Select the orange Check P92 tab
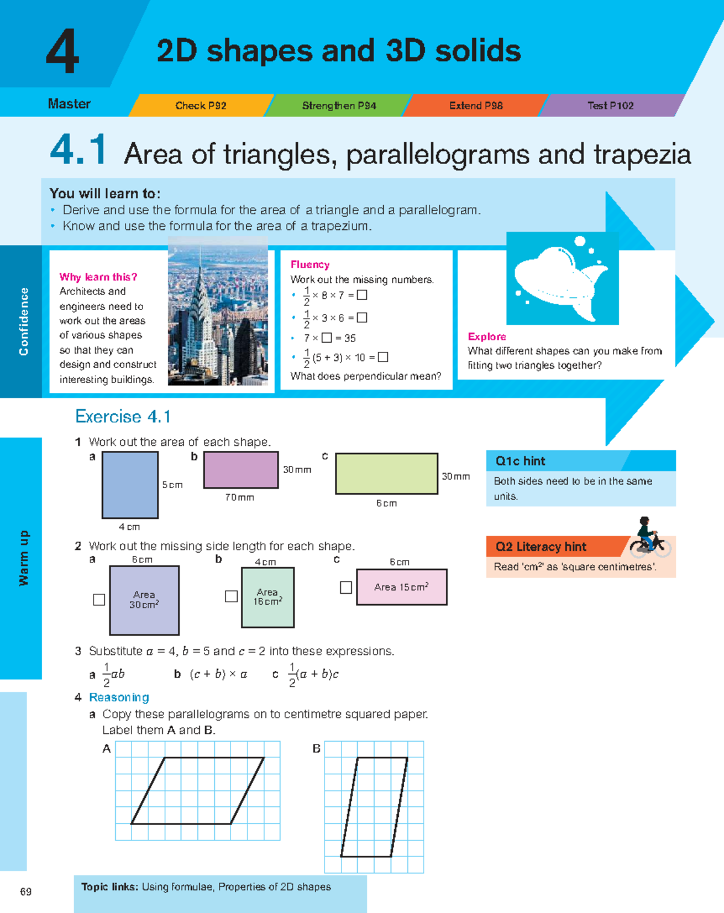[201, 106]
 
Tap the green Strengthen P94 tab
[339, 106]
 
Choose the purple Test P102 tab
[611, 106]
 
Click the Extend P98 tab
[476, 106]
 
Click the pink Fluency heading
[310, 264]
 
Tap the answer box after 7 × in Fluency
[327, 338]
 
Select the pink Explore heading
[487, 337]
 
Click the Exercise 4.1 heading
[123, 416]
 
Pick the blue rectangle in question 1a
[130, 485]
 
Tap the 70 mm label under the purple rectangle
[240, 498]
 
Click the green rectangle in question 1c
[386, 474]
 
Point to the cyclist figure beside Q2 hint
[648, 536]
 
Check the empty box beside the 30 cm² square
[100, 600]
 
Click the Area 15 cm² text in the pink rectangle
[401, 587]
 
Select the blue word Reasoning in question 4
[119, 698]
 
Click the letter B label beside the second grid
[316, 749]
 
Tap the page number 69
[26, 892]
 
